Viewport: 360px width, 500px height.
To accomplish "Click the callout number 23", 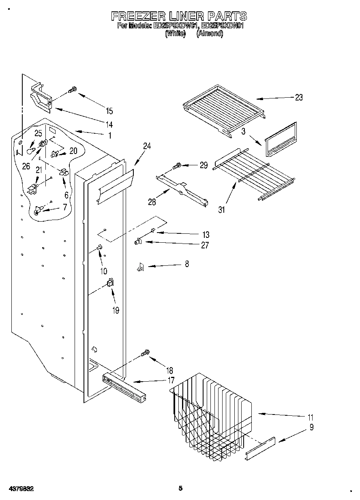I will [x=299, y=97].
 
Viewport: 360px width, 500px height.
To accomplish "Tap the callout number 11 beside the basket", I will [x=310, y=417].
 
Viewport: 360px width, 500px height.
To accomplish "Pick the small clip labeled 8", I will [x=140, y=267].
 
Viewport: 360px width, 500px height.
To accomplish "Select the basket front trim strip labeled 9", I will [x=260, y=449].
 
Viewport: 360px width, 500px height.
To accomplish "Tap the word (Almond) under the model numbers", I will [x=210, y=34].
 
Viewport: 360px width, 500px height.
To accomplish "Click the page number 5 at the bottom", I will [x=180, y=488].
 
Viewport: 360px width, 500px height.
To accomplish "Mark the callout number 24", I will [x=147, y=146].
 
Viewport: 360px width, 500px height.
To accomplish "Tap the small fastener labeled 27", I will [x=138, y=242].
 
